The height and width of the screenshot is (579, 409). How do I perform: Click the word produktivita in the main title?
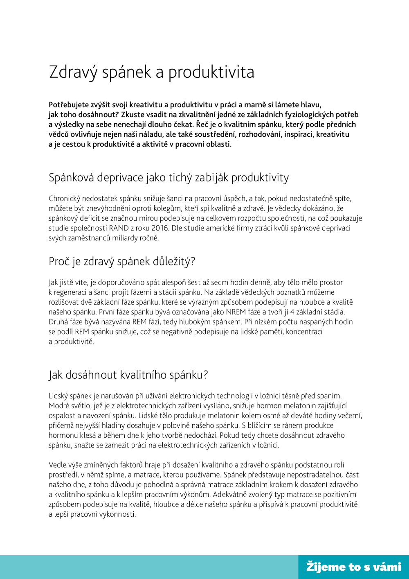(x=211, y=72)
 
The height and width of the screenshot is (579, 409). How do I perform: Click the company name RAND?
(x=119, y=228)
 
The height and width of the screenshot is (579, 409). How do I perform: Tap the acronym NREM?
(x=236, y=312)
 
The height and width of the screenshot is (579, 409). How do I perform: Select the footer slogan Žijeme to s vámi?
(x=354, y=567)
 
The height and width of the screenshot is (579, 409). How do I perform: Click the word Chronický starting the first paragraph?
(x=65, y=199)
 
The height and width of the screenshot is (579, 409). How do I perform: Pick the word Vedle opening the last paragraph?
(x=58, y=465)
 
